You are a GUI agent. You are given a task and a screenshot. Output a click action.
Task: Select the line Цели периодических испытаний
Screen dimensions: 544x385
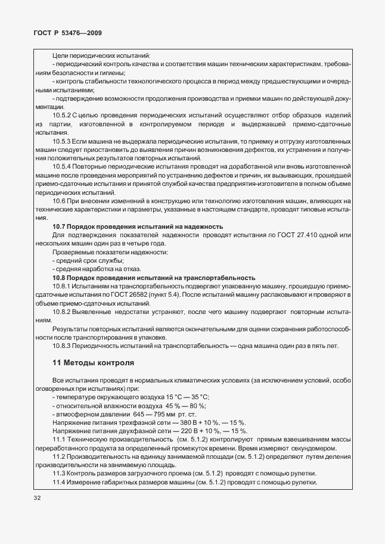pyautogui.click(x=101, y=55)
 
